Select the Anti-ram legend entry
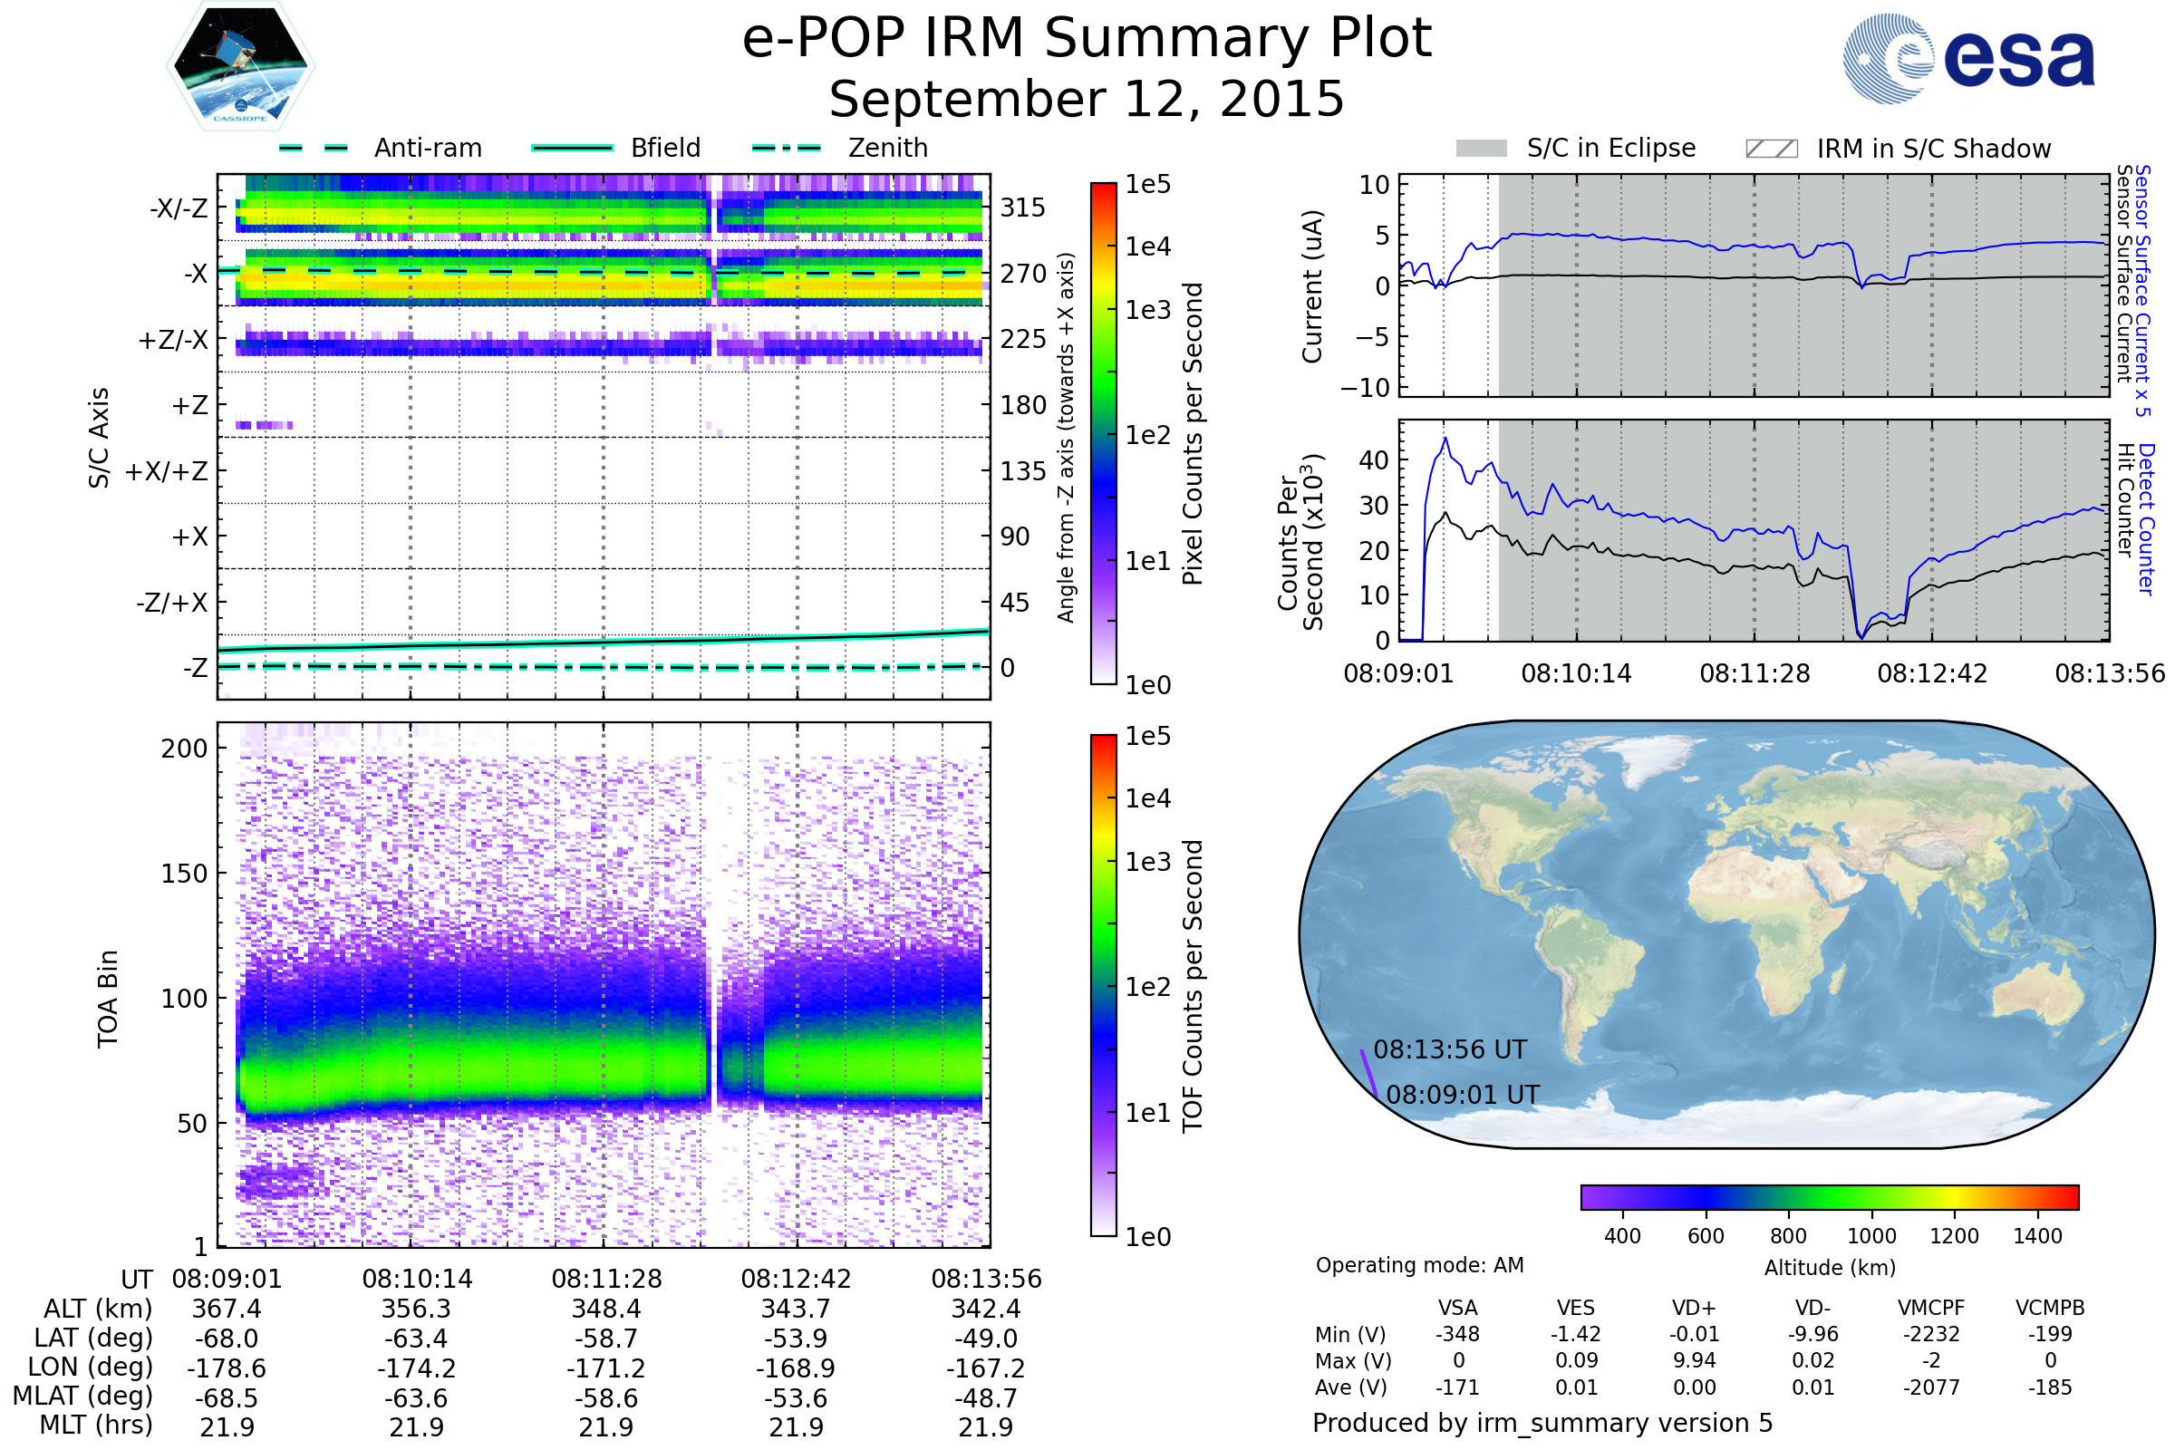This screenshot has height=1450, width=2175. [427, 148]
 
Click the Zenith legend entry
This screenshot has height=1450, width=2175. [887, 148]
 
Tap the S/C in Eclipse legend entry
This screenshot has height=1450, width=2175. [1610, 148]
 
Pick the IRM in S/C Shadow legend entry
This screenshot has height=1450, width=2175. [1933, 149]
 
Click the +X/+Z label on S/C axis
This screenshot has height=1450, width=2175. [167, 471]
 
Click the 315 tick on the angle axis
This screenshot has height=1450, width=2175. [1022, 208]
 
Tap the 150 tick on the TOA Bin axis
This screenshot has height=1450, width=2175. [184, 874]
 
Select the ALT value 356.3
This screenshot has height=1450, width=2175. [416, 1310]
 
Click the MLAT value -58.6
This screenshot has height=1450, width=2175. [605, 1398]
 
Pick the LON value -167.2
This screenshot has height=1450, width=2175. [986, 1368]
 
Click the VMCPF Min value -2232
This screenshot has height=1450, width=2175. [1931, 1334]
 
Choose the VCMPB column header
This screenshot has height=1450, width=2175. [2049, 1309]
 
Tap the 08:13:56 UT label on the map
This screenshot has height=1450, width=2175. [1449, 1050]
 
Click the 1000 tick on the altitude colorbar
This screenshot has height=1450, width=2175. [1870, 1236]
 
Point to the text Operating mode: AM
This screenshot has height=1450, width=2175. [1418, 1265]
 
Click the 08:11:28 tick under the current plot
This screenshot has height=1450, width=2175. [1754, 673]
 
